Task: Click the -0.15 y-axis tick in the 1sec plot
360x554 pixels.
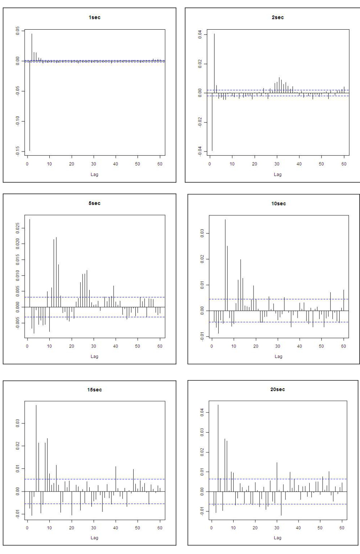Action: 16,151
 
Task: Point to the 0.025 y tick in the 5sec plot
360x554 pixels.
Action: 16,228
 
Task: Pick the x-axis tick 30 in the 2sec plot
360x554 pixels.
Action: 277,164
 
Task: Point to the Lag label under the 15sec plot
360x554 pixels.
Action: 94,538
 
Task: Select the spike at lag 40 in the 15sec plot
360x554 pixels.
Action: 116,479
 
